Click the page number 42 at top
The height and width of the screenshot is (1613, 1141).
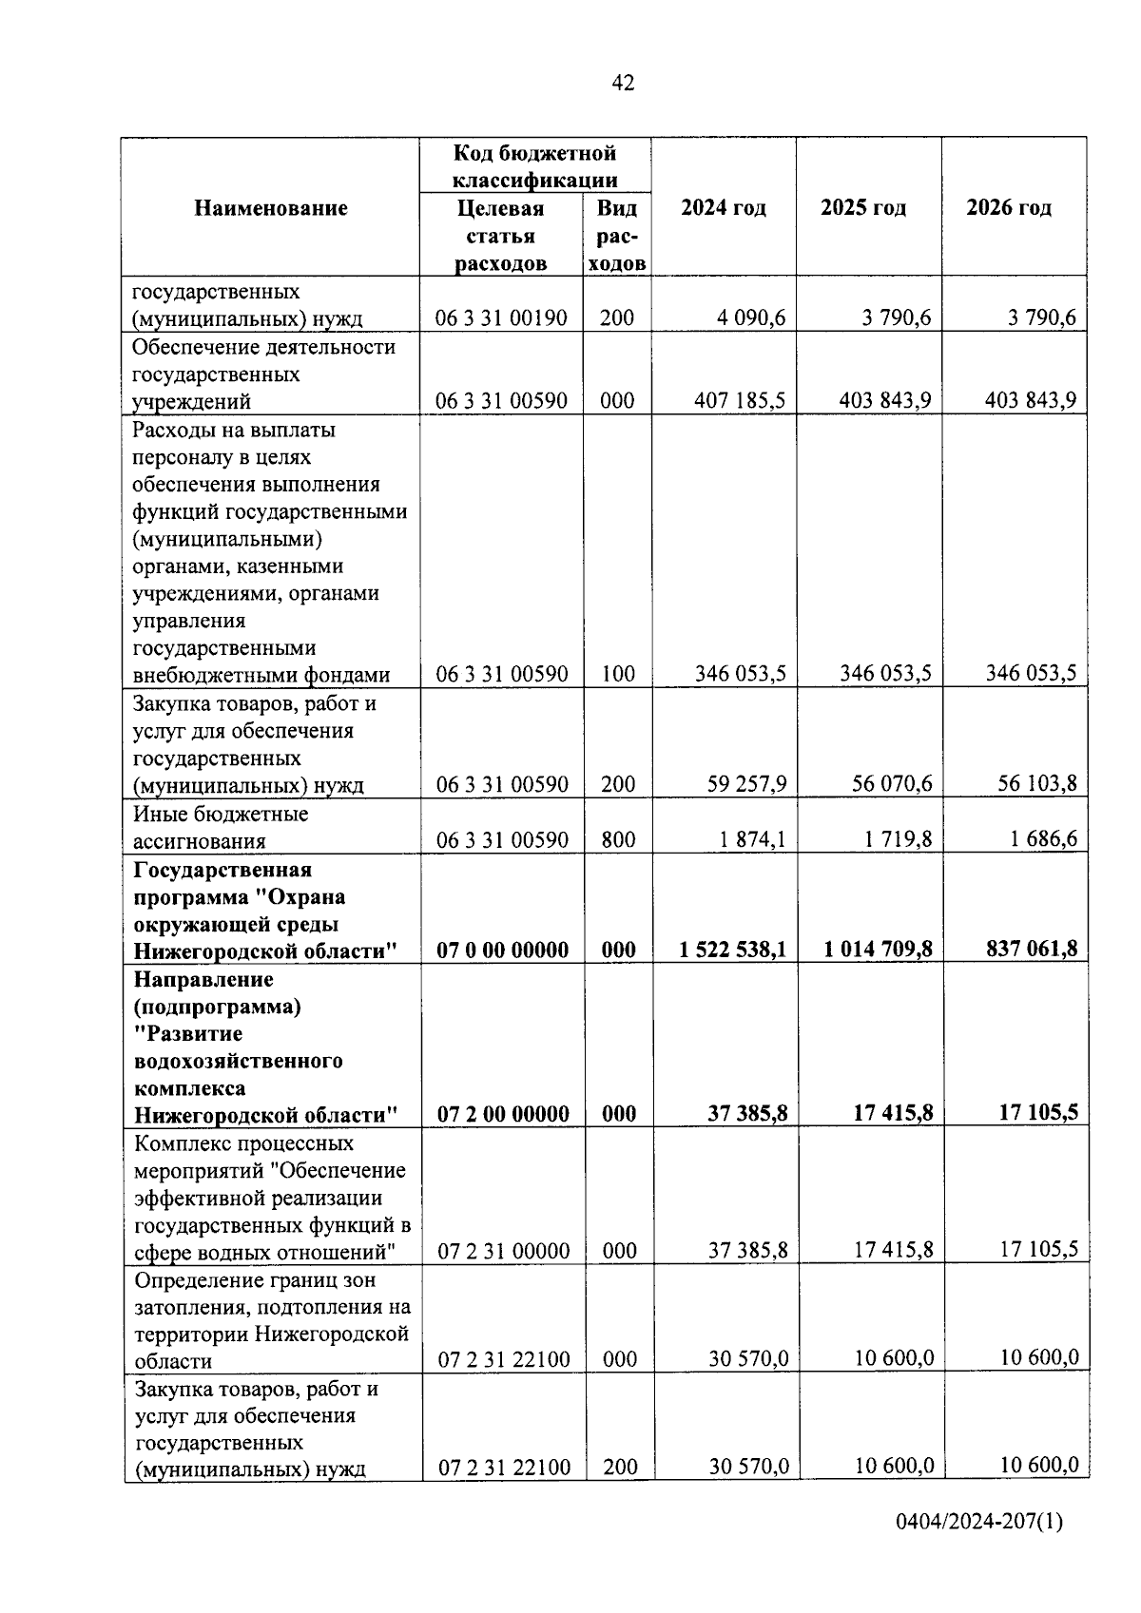coord(623,84)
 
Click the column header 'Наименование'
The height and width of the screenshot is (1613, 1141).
coord(271,208)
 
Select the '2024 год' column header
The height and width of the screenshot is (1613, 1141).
coord(724,208)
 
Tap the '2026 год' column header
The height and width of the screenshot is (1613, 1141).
coord(1009,208)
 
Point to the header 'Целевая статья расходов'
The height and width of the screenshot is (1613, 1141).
coord(501,236)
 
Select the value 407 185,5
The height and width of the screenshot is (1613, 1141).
coord(739,401)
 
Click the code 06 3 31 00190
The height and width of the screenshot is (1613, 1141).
coord(502,318)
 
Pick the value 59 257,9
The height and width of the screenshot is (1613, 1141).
coord(746,784)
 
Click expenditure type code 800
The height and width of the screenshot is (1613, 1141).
coord(618,839)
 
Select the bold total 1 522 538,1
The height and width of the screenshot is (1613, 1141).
coord(733,950)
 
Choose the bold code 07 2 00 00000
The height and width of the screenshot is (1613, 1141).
coord(503,1114)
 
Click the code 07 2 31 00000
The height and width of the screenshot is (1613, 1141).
coord(503,1251)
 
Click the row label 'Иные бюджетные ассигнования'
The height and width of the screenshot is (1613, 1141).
coord(221,827)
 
